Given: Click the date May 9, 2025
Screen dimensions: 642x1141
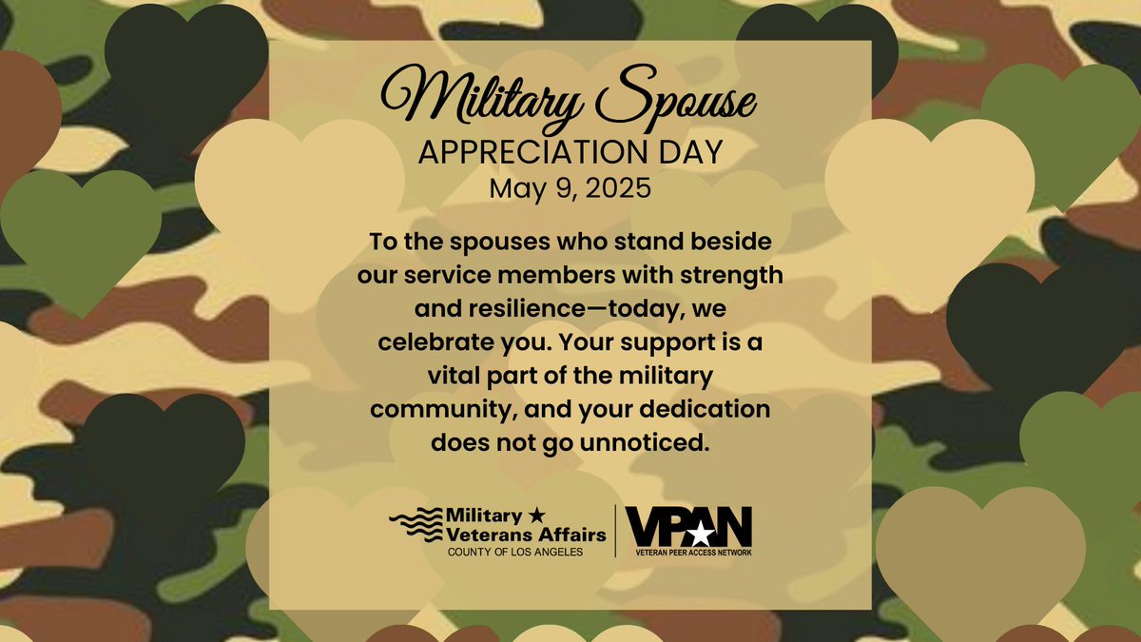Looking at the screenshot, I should click(x=570, y=187).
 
